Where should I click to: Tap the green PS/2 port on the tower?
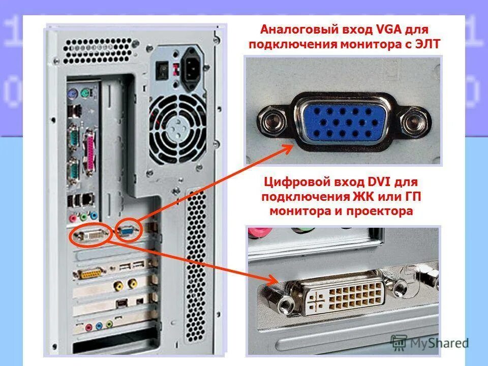pyautogui.click(x=87, y=93)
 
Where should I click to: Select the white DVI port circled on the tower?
pyautogui.click(x=92, y=236)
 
